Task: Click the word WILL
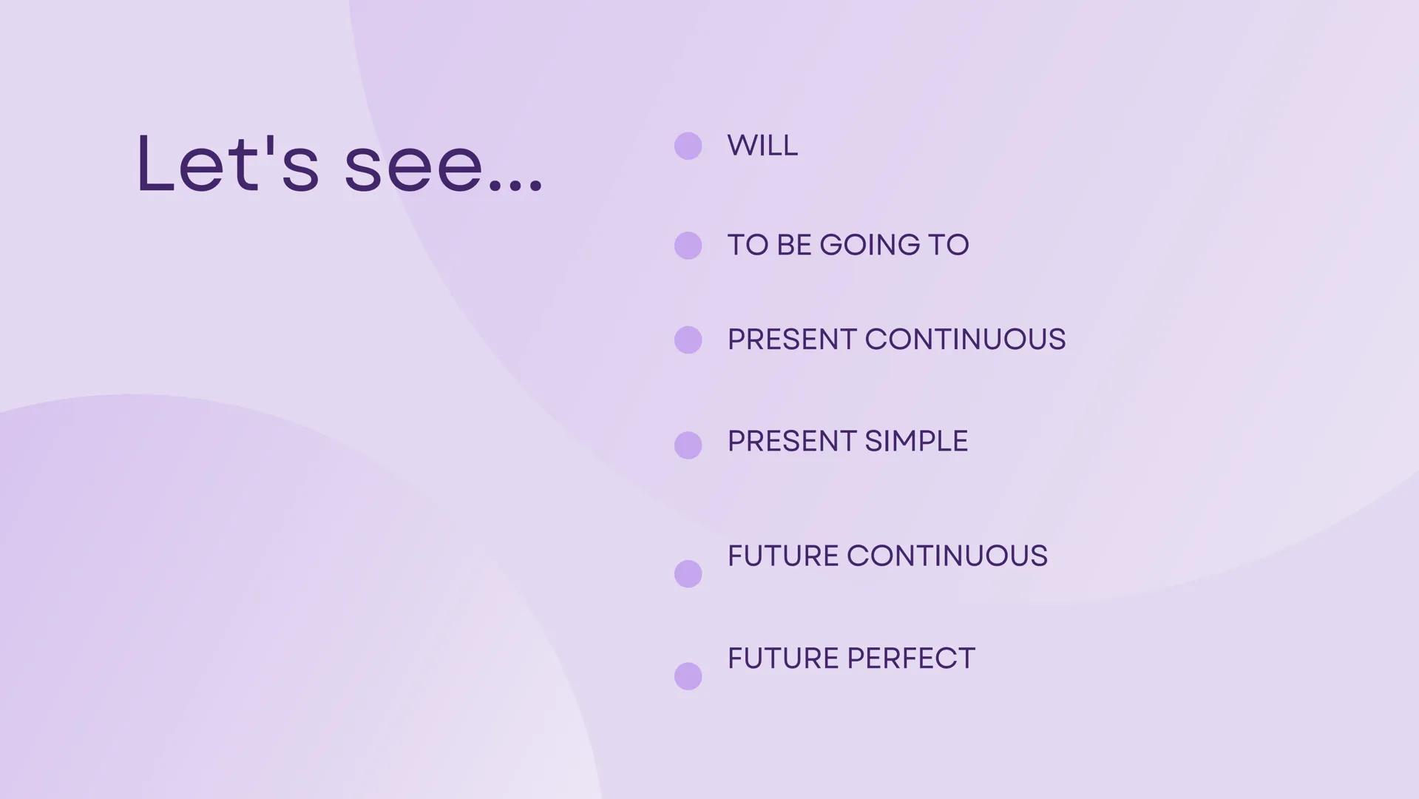[762, 146]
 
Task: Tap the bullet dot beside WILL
[688, 146]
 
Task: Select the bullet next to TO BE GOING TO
[688, 246]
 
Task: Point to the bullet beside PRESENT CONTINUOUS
[688, 340]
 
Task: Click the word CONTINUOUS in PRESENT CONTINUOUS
[965, 340]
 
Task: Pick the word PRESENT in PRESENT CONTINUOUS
[791, 340]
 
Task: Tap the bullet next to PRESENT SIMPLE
[688, 445]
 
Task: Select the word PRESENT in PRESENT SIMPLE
[791, 442]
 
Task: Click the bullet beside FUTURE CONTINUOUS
[688, 574]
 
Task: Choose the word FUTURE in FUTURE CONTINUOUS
[782, 556]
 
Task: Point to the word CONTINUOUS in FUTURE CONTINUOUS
[947, 556]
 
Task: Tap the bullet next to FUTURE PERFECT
[688, 676]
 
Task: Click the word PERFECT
[911, 658]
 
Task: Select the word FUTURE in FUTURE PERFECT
[782, 658]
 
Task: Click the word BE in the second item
[794, 246]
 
